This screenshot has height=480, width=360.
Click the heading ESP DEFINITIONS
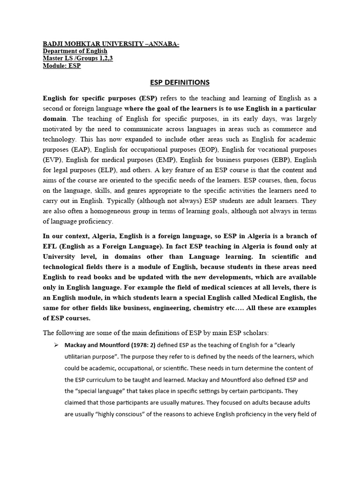pyautogui.click(x=180, y=82)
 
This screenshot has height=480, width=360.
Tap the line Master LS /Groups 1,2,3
pyautogui.click(x=78, y=59)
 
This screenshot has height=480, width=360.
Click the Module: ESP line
pyautogui.click(x=62, y=66)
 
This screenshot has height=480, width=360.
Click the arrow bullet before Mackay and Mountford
pyautogui.click(x=56, y=345)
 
